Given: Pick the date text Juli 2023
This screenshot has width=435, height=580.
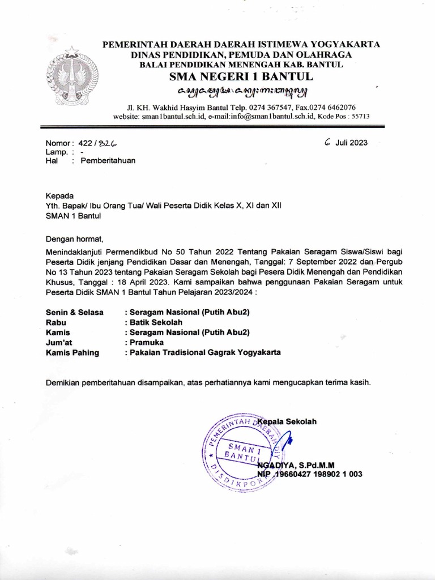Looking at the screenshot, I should (x=351, y=143).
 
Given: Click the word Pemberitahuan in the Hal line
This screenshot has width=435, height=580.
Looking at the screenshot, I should (x=108, y=160).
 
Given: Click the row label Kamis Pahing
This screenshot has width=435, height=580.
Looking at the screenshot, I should (x=72, y=352).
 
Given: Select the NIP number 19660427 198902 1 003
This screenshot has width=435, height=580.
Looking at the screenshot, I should (x=318, y=474).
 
